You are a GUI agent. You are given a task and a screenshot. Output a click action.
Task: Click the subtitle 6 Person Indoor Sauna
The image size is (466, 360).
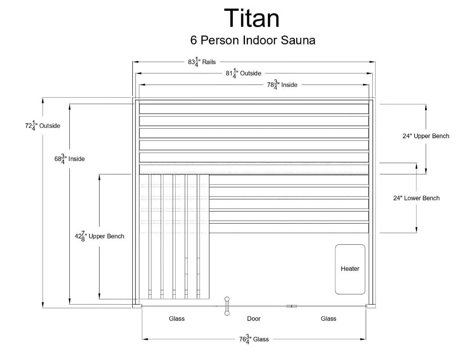pyautogui.click(x=253, y=40)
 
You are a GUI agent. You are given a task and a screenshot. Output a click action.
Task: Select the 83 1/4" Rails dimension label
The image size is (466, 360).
pyautogui.click(x=202, y=62)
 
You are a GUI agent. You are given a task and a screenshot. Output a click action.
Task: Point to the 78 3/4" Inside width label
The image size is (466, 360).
pyautogui.click(x=282, y=85)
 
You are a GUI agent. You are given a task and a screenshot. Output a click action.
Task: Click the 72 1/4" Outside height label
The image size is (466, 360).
pyautogui.click(x=42, y=126)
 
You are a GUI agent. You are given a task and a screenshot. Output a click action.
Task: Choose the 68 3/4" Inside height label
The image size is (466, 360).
pyautogui.click(x=69, y=159)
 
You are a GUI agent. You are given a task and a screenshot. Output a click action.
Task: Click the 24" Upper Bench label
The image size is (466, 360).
pyautogui.click(x=425, y=136)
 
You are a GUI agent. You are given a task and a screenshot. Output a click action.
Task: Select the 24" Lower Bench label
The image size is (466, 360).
pyautogui.click(x=416, y=198)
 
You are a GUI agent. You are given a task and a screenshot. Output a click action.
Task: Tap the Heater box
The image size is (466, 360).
pyautogui.click(x=350, y=269)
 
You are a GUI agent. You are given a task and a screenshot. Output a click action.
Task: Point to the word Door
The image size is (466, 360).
pyautogui.click(x=253, y=319)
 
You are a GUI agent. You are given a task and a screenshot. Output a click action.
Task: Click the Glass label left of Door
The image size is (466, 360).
pyautogui.click(x=176, y=319)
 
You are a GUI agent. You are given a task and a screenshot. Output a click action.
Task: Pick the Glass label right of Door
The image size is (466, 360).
pyautogui.click(x=328, y=319)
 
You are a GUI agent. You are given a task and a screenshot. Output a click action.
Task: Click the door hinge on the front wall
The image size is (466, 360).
pyautogui.click(x=292, y=306)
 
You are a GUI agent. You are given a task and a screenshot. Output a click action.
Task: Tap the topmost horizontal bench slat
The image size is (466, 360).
pyautogui.click(x=253, y=109)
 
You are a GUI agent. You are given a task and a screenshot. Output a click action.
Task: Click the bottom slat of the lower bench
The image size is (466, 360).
pyautogui.click(x=289, y=228)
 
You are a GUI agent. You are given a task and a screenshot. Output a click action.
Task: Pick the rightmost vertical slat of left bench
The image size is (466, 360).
pyautogui.click(x=204, y=237)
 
